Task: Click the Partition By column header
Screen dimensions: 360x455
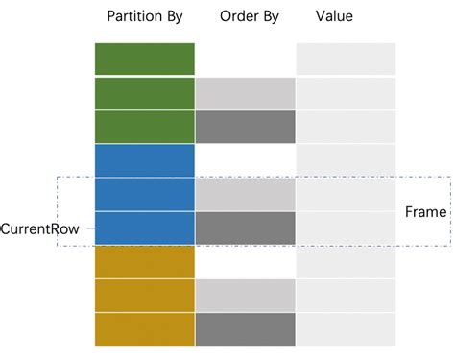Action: click(145, 16)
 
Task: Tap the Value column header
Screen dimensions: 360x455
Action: click(333, 16)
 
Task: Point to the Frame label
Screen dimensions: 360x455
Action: click(425, 212)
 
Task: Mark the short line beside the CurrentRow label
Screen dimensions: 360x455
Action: click(88, 228)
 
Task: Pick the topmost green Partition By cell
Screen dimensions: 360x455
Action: click(145, 60)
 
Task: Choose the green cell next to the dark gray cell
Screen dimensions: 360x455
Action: click(145, 127)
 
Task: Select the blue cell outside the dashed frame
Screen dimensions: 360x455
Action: click(145, 160)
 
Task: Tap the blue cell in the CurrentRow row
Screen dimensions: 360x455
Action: click(145, 228)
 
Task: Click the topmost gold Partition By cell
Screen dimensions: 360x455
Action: click(145, 261)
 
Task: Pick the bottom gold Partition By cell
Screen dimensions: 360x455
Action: click(145, 329)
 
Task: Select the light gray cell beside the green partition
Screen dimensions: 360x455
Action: click(245, 93)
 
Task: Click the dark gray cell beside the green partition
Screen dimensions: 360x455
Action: click(245, 127)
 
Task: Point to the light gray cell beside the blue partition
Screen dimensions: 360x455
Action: click(245, 194)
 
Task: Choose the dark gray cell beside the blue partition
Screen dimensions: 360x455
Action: click(245, 228)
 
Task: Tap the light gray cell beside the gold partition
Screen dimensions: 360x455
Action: click(245, 296)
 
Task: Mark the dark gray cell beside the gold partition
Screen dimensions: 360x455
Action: click(245, 329)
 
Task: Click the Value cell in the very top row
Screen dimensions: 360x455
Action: click(346, 60)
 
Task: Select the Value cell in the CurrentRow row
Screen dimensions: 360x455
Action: click(346, 228)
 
